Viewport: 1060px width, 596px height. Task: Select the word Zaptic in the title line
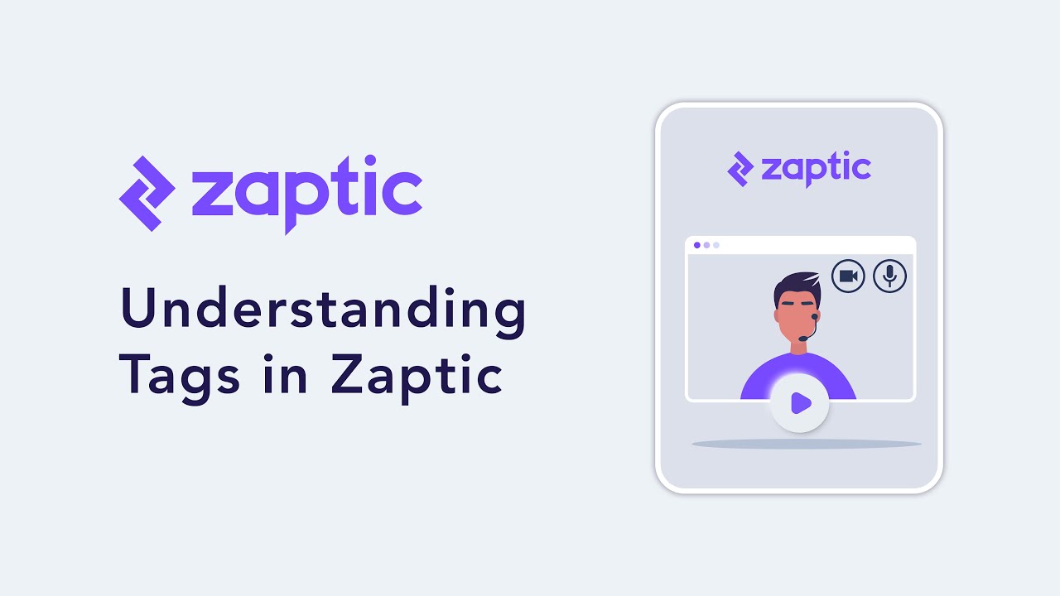coord(417,377)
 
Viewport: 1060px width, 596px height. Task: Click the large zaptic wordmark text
coord(306,193)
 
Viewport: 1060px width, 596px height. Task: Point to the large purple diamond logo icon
coord(147,193)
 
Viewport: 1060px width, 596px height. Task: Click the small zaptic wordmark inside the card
coord(815,168)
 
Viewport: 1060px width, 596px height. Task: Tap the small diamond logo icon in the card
coord(740,168)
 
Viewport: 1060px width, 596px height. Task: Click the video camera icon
coord(848,276)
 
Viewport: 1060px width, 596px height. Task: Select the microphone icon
coord(889,276)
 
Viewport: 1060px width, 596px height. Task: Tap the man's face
coord(796,319)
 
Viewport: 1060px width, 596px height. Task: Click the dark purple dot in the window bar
coord(696,245)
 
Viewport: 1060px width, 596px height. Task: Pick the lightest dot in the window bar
coord(716,245)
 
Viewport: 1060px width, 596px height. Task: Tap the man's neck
coord(798,348)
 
